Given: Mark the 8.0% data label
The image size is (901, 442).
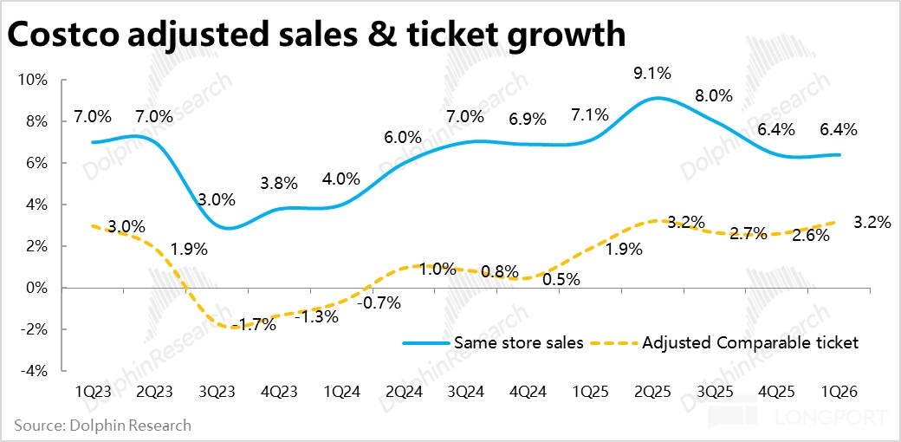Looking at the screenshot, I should [x=714, y=95].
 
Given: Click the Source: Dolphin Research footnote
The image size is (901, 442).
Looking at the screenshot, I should [x=102, y=426].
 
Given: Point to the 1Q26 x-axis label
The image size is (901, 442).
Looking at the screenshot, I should [x=839, y=391].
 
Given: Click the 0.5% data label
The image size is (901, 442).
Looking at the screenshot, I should [x=561, y=279].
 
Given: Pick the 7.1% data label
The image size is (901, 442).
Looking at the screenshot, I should [x=589, y=114].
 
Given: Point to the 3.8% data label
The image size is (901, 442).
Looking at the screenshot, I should [x=278, y=183].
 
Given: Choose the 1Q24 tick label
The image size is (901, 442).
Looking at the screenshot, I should [x=341, y=391].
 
